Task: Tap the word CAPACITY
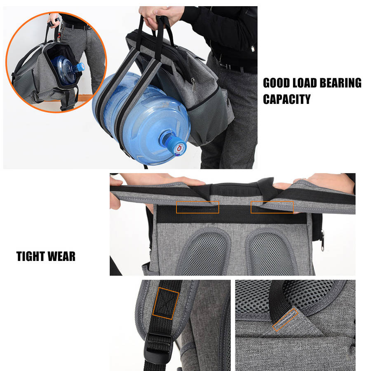pyautogui.click(x=287, y=99)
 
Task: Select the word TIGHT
pyautogui.click(x=31, y=256)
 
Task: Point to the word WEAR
pyautogui.click(x=61, y=256)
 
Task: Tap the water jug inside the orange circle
pyautogui.click(x=67, y=69)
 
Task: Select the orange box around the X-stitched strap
pyautogui.click(x=166, y=303)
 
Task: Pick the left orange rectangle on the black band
pyautogui.click(x=197, y=207)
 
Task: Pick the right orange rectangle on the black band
pyautogui.click(x=272, y=207)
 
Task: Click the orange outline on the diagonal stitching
pyautogui.click(x=285, y=319)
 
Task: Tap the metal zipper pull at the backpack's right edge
pyautogui.click(x=322, y=241)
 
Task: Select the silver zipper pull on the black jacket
pyautogui.click(x=253, y=49)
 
